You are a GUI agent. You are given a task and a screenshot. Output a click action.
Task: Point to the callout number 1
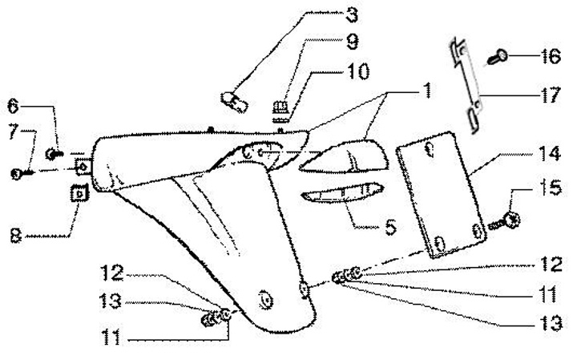tap(426, 90)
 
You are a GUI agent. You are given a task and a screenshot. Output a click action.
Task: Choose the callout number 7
tap(14, 132)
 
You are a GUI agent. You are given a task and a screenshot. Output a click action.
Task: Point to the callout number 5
tap(390, 228)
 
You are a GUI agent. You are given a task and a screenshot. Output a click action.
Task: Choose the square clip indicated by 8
tap(79, 193)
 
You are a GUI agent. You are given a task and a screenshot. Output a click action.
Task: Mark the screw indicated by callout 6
tap(54, 152)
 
